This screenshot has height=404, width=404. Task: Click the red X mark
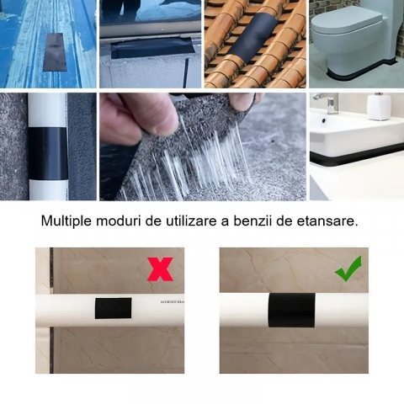click(x=160, y=269)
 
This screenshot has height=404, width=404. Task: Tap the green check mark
click(x=348, y=268)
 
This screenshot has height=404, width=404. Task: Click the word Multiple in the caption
click(x=66, y=221)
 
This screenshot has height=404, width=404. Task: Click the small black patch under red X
click(x=113, y=308)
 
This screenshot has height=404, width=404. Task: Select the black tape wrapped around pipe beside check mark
click(x=291, y=310)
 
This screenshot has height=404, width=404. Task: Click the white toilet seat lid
click(x=347, y=23)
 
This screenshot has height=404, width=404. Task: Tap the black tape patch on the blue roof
click(x=55, y=52)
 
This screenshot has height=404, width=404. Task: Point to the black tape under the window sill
click(x=151, y=48)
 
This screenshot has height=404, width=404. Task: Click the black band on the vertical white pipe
click(x=48, y=154)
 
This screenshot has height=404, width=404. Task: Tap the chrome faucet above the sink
click(x=327, y=103)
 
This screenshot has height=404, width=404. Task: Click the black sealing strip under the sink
click(x=357, y=157)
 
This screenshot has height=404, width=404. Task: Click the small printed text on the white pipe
click(x=172, y=302)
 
